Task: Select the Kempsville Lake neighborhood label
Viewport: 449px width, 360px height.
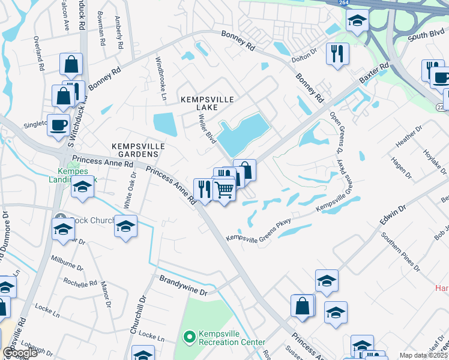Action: click(206, 103)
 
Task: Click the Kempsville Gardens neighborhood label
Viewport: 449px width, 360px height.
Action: click(138, 150)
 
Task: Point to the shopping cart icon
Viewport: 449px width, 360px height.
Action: click(224, 189)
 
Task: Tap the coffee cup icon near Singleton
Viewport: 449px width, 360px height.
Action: click(59, 125)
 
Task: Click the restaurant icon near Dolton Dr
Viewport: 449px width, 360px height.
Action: click(337, 53)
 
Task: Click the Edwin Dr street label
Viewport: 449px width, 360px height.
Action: click(393, 217)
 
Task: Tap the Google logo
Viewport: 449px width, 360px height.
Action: click(20, 353)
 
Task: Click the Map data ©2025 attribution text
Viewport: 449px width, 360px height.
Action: click(423, 355)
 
